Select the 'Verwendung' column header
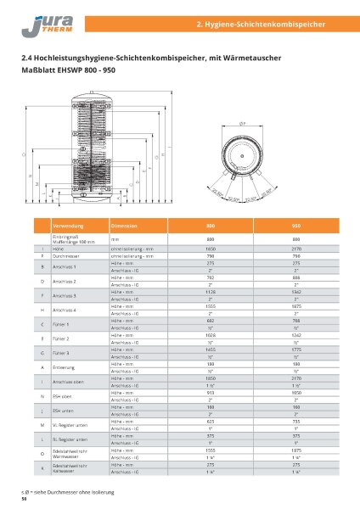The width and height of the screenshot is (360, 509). coord(67,227)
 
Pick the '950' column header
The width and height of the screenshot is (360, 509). coord(296,227)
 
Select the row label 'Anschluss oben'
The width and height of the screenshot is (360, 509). coord(68,382)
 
